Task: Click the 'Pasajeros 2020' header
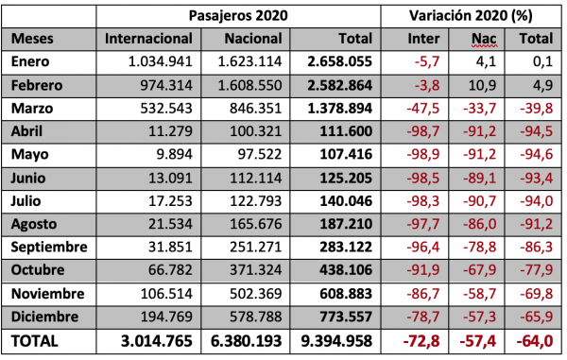pyautogui.click(x=241, y=16)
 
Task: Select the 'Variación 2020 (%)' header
pyautogui.click(x=468, y=16)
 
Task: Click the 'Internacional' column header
pyautogui.click(x=149, y=39)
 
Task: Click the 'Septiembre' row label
pyautogui.click(x=50, y=247)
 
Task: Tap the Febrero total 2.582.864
pyautogui.click(x=342, y=85)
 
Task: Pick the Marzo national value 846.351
pyautogui.click(x=256, y=108)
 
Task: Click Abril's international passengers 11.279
pyautogui.click(x=173, y=130)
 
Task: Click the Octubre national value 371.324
pyautogui.click(x=256, y=269)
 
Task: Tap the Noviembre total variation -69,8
pyautogui.click(x=536, y=292)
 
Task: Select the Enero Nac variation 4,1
pyautogui.click(x=490, y=61)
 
